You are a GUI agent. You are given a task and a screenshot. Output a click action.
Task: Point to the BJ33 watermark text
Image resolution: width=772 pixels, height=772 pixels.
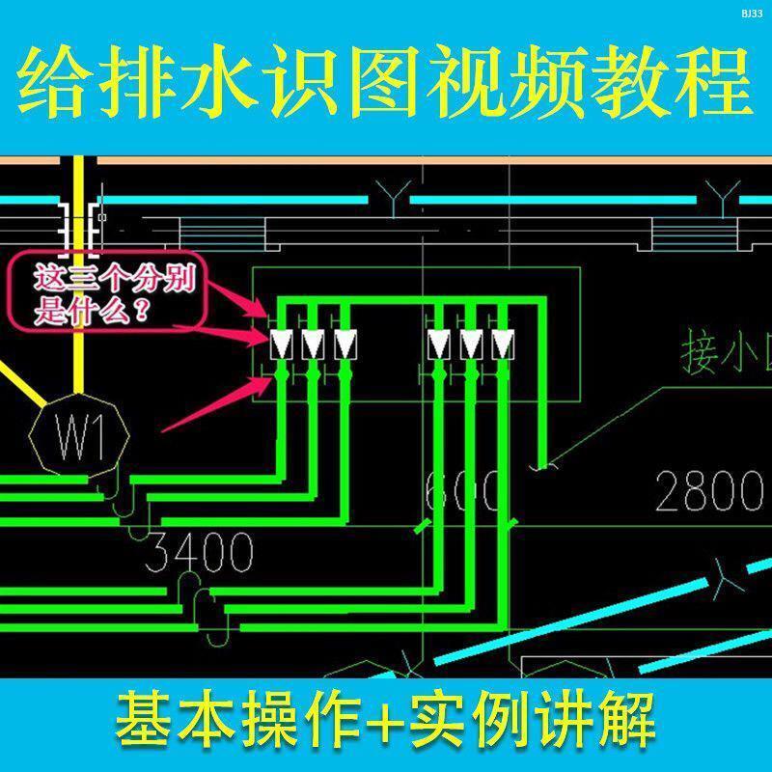click(751, 13)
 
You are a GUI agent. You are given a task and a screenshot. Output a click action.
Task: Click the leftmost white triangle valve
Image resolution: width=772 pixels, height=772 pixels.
click(283, 344)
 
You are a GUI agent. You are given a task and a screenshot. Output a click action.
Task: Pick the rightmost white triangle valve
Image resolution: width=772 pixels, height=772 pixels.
click(502, 344)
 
